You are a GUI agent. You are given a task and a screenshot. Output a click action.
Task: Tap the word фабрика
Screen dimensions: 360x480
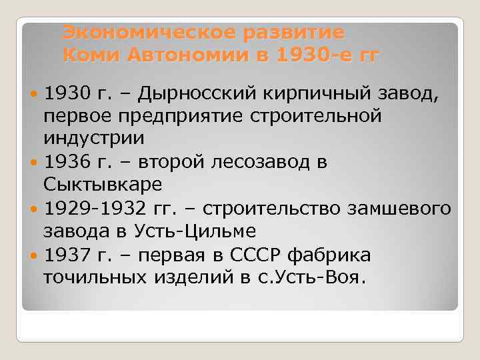(x=340, y=255)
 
